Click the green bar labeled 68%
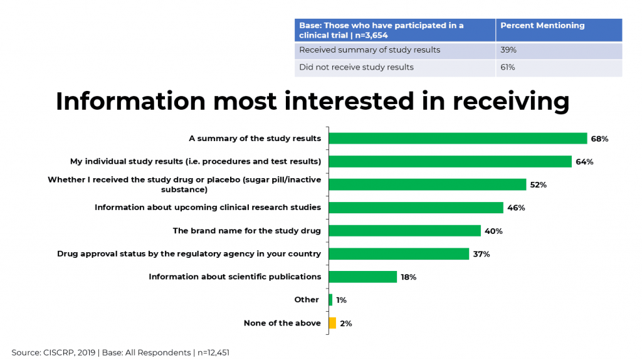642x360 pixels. (x=458, y=139)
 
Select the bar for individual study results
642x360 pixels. (x=450, y=162)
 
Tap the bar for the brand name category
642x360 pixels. (x=404, y=231)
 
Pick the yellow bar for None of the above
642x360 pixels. (x=332, y=323)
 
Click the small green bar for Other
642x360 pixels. (x=330, y=300)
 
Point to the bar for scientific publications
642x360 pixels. (x=362, y=277)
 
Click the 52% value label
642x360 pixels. (x=538, y=185)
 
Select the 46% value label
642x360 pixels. (x=516, y=208)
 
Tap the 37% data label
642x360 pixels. (x=481, y=254)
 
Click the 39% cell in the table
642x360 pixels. (x=508, y=50)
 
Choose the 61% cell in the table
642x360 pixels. (x=508, y=67)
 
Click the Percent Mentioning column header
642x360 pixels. (x=542, y=26)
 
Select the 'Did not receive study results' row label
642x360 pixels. (x=356, y=67)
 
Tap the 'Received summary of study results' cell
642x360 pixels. (x=369, y=50)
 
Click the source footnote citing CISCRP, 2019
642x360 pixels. (x=120, y=352)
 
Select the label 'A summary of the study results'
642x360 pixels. (x=255, y=139)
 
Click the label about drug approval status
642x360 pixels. (x=189, y=254)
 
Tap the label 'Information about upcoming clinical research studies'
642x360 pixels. (x=208, y=208)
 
